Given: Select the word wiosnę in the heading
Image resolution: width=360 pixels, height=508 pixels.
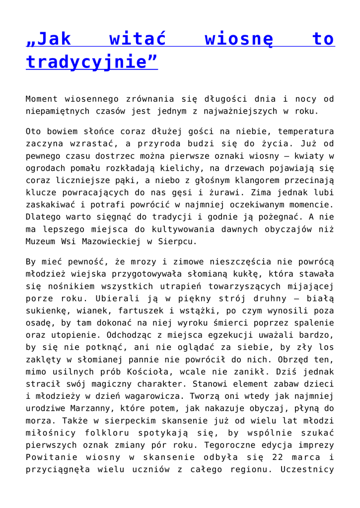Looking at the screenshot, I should [239, 39].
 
